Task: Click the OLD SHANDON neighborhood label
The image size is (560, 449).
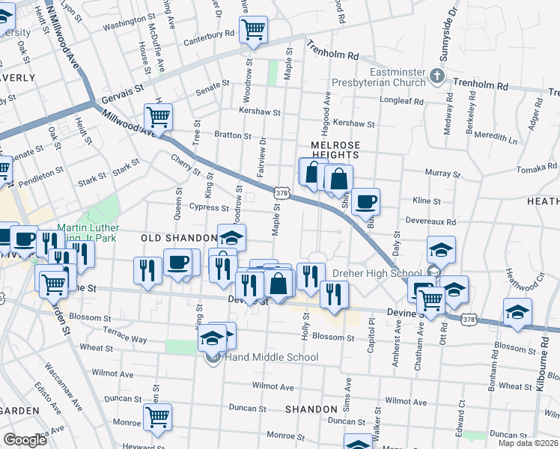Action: (178, 237)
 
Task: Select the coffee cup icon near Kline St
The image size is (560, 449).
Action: (366, 201)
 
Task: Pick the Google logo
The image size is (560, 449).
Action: (25, 440)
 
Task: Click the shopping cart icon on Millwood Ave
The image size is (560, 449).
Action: (159, 117)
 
